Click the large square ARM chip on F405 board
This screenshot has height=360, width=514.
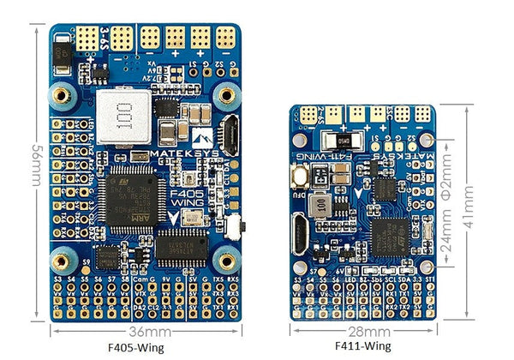(128, 201)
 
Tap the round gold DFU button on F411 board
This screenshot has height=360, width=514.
(302, 177)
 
